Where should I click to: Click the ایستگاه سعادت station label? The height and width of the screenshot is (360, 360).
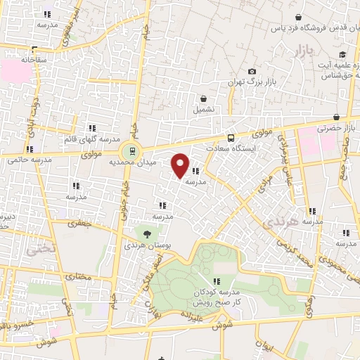[243, 149]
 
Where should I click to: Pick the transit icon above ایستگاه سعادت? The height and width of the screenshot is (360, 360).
[231, 139]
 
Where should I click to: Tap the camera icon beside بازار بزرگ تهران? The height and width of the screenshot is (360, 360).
[252, 72]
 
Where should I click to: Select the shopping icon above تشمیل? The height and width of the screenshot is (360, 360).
[203, 98]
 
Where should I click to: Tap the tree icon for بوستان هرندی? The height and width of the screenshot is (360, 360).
[147, 234]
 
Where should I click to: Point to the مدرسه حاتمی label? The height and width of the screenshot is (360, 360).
[26, 160]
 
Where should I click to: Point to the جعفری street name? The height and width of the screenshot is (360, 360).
[79, 224]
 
